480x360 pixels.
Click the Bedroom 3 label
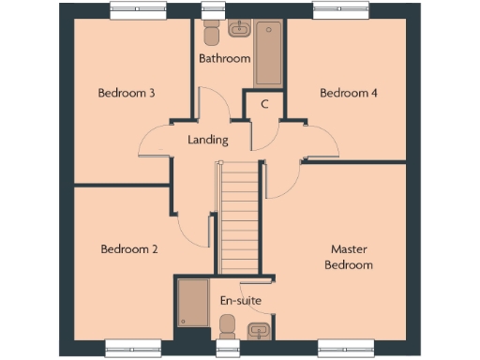tap(127, 93)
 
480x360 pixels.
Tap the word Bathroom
tap(225, 58)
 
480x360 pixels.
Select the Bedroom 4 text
tap(349, 93)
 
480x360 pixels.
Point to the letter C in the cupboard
tap(265, 104)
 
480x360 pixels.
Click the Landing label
tap(207, 140)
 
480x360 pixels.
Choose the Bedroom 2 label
tap(128, 249)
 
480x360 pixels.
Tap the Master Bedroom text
tap(349, 257)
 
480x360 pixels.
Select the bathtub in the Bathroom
tap(268, 52)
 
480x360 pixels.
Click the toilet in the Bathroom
tap(211, 31)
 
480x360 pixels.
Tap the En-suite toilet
tap(227, 327)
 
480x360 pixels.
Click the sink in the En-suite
tap(259, 329)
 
